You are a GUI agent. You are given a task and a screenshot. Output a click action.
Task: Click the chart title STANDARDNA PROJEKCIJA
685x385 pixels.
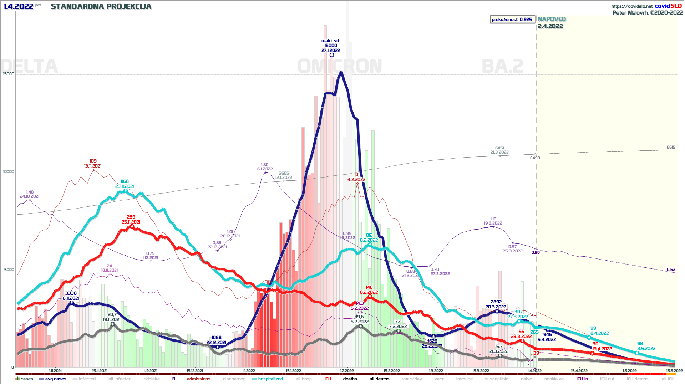101,6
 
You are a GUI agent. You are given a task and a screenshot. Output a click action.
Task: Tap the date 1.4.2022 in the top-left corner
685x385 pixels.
19,6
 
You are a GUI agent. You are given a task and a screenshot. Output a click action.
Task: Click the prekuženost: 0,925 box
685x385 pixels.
512,20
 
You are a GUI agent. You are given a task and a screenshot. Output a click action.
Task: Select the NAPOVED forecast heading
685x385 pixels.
552,19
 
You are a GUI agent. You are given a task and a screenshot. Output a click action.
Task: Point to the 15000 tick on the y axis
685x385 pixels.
9,74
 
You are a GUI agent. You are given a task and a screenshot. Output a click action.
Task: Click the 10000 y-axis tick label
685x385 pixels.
9,172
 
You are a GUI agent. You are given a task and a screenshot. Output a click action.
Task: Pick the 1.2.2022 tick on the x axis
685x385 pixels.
347,371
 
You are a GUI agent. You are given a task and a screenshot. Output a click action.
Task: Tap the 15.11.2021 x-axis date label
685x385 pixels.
100,371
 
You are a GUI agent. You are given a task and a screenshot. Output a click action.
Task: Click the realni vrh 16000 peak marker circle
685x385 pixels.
332,55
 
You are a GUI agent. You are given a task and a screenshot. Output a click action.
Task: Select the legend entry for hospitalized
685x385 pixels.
270,379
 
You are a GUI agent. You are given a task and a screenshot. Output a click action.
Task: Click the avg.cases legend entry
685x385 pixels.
55,379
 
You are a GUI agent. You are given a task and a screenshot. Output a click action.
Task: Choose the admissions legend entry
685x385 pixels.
198,379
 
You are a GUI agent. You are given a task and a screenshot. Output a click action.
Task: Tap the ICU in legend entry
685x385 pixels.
582,379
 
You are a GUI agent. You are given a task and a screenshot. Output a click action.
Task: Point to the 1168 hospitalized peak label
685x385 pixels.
125,181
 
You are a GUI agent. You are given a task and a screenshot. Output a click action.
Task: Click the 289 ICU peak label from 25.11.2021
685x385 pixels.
131,217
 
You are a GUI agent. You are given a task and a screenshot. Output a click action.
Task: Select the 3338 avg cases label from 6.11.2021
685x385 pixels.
71,293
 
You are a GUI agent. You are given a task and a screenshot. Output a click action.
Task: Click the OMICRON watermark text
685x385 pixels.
340,66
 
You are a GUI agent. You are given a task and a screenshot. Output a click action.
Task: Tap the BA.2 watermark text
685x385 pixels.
502,66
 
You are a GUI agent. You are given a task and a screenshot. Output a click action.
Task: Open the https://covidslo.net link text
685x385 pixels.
631,6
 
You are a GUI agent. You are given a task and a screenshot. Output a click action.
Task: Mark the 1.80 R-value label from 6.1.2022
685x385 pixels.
265,165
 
